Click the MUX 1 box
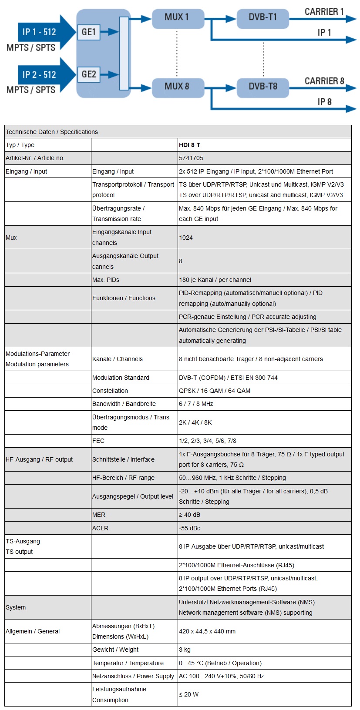coord(177,17)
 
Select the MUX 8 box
coord(177,87)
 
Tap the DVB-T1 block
coord(262,17)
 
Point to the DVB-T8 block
coord(262,87)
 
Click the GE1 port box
coord(89,32)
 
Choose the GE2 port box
coord(89,74)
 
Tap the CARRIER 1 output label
coord(324,12)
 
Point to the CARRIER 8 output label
coord(324,81)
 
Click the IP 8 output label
coord(324,102)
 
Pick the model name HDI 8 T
coord(189,145)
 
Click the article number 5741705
coord(191,158)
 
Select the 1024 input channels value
coord(186,238)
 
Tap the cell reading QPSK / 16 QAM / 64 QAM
coord(214,391)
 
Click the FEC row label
coord(98,441)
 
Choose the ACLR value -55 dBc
coord(189,528)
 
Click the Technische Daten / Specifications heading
coord(52,132)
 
